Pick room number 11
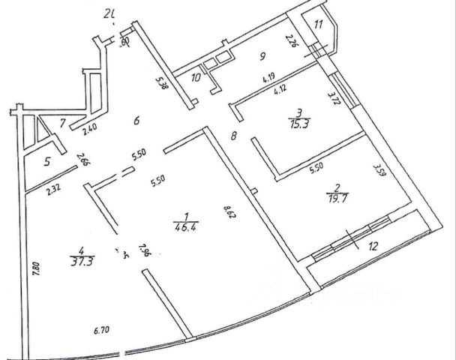tap(319, 25)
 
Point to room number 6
tap(136, 120)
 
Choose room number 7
tap(63, 121)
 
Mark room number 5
tap(47, 160)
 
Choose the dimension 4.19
tap(268, 76)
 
